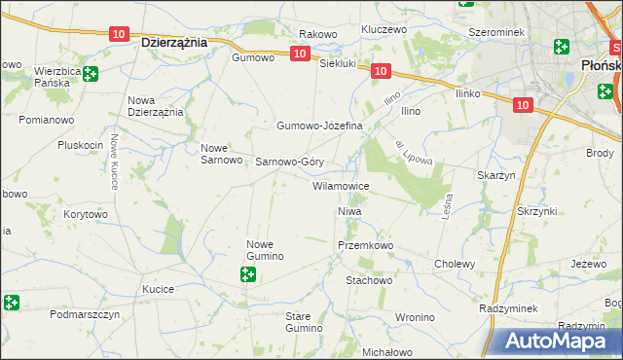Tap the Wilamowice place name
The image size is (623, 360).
point(340,185)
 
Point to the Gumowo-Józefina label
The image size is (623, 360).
point(319,126)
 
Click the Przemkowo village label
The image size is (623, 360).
point(365,246)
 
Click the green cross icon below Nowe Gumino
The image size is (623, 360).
point(248,275)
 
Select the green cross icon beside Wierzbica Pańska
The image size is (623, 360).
point(90,74)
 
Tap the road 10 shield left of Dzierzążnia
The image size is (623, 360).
point(118,34)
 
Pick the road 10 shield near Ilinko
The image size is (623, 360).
point(524,104)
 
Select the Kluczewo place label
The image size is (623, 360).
point(383,29)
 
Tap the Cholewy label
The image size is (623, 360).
point(455,264)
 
